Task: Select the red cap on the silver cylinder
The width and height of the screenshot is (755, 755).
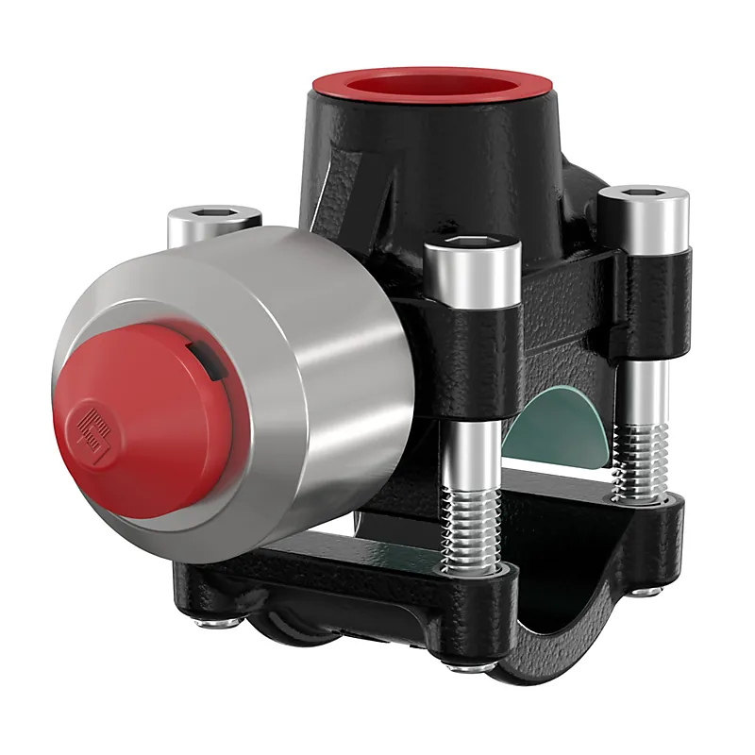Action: [x=142, y=415]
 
